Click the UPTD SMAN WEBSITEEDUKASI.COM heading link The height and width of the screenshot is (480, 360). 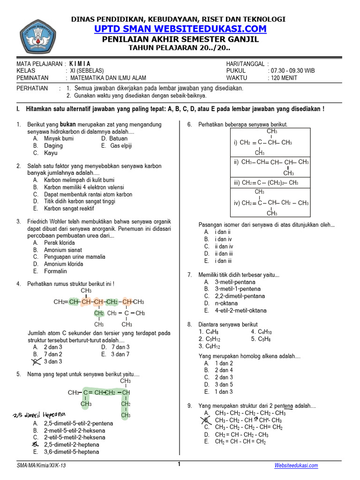180,29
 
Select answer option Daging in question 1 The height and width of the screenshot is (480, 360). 53,146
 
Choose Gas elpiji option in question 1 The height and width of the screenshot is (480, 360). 121,146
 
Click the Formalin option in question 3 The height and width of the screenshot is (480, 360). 55,271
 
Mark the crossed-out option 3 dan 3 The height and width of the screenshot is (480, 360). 52,361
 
